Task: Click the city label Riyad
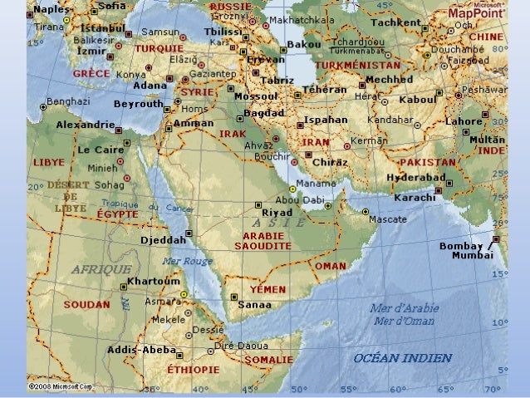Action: click(x=277, y=213)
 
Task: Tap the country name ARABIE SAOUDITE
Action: click(x=263, y=241)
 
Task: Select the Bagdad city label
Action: click(x=265, y=111)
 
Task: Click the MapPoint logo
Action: click(x=479, y=13)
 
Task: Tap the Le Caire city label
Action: click(x=101, y=150)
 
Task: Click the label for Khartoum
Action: click(x=154, y=282)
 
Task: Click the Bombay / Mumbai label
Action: click(x=472, y=251)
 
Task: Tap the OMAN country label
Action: click(x=330, y=265)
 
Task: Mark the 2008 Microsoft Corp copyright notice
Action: click(x=60, y=386)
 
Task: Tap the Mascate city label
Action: click(x=386, y=219)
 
